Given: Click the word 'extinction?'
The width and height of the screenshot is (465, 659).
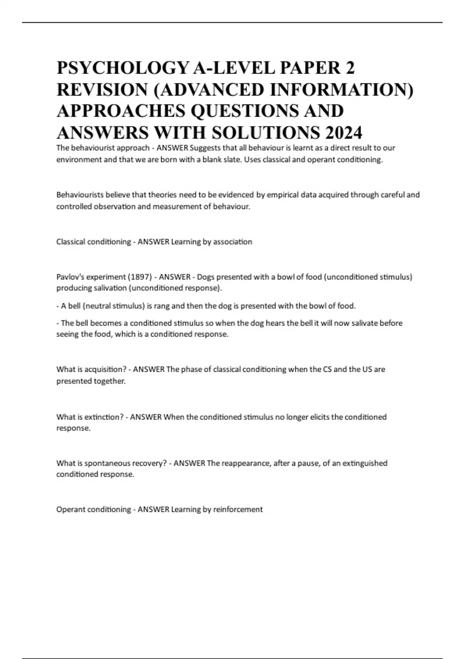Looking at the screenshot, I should point(104,417).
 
